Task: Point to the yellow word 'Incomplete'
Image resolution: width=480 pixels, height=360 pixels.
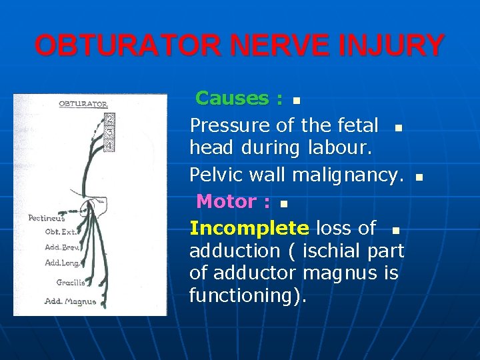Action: pos(249,228)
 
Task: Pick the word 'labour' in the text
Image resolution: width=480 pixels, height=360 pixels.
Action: pos(340,147)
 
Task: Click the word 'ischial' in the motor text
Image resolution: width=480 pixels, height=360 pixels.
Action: pos(331,251)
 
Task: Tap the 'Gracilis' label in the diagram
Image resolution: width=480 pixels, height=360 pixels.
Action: pos(69,282)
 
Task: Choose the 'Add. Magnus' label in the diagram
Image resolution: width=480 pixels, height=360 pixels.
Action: pos(70,301)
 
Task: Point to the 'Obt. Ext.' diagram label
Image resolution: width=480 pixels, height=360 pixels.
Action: pos(60,232)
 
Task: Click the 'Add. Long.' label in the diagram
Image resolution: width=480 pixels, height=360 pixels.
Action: pos(61,262)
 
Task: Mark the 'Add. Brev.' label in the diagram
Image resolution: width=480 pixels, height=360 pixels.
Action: pos(62,246)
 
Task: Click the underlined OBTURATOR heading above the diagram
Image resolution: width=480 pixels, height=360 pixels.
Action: pos(83,104)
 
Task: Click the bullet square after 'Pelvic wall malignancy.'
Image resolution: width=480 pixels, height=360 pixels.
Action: pos(419,177)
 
